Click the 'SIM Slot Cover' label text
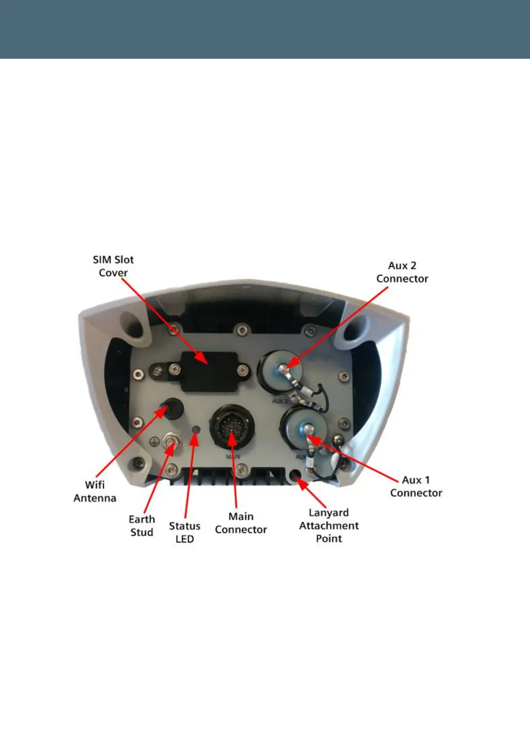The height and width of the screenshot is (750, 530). (x=113, y=266)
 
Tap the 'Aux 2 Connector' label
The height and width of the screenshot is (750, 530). (x=402, y=272)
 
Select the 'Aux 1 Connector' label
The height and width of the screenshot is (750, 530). (x=416, y=486)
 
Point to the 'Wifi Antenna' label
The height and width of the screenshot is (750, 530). (x=95, y=491)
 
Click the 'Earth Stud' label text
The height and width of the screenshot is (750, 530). (x=142, y=526)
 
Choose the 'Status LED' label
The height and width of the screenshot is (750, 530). (x=184, y=532)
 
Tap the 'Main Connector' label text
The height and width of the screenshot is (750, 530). (x=241, y=523)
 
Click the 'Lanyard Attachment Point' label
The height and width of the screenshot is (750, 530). (x=329, y=526)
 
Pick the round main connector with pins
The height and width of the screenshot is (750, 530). (x=232, y=430)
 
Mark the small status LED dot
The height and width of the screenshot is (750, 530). (x=195, y=430)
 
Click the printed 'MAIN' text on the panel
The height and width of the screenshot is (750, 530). (x=232, y=457)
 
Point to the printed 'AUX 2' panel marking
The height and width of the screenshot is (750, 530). (x=280, y=401)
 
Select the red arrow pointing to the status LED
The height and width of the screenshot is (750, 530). (x=190, y=477)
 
